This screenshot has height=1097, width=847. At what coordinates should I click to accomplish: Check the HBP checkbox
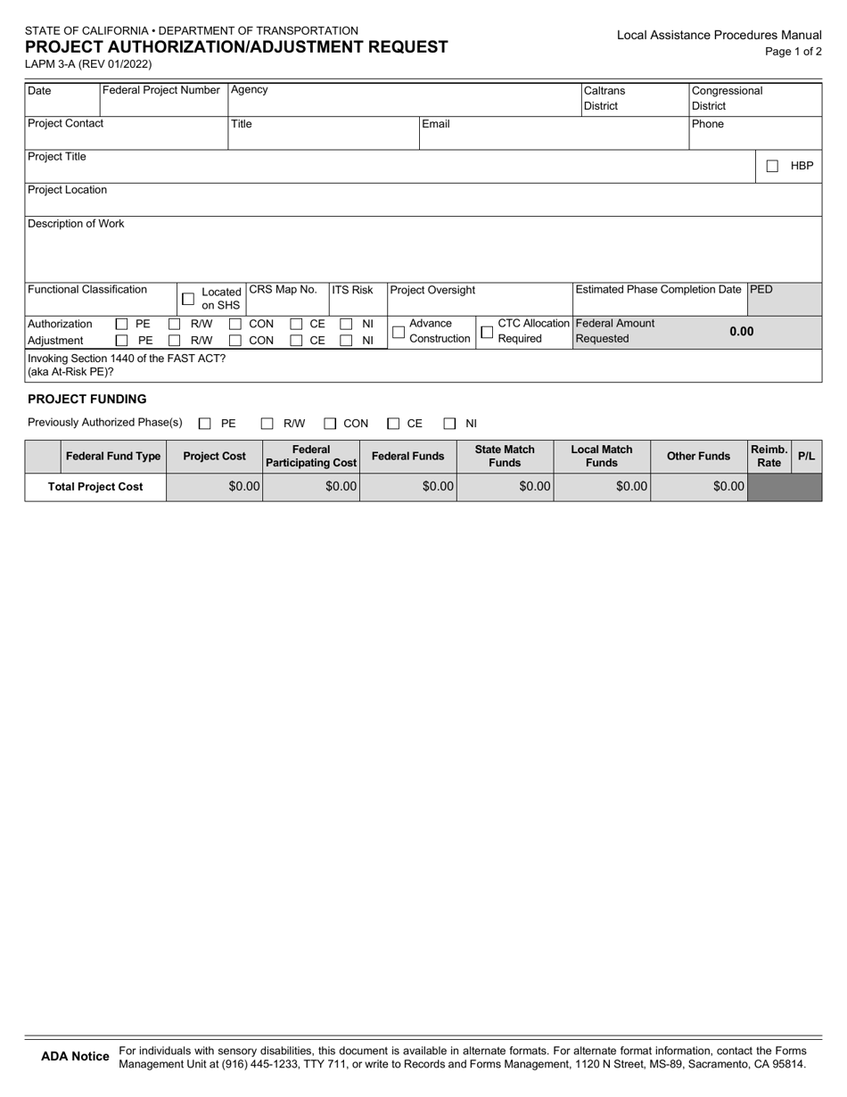click(x=772, y=166)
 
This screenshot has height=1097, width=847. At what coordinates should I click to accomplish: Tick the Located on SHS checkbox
click(x=188, y=299)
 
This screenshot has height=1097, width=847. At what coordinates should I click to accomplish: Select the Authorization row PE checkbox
click(x=122, y=325)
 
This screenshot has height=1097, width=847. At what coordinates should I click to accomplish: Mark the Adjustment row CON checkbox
click(x=235, y=341)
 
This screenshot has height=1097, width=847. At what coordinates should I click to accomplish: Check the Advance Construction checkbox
click(x=399, y=332)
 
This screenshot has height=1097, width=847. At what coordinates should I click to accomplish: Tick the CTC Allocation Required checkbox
click(x=487, y=332)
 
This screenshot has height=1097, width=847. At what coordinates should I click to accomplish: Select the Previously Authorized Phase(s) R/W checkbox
click(x=267, y=425)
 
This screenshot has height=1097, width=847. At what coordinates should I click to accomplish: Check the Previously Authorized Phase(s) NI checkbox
click(x=450, y=425)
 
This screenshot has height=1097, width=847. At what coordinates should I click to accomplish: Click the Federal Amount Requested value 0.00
click(x=741, y=332)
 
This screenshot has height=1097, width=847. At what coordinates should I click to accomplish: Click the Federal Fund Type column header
click(x=113, y=457)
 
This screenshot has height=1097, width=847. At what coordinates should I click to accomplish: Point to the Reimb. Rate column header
click(x=769, y=457)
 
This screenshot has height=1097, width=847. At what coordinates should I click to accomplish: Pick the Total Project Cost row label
click(x=95, y=487)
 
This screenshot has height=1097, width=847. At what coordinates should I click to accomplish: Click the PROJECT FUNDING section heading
click(x=87, y=399)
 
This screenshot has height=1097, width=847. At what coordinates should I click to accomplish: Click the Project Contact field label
click(x=66, y=124)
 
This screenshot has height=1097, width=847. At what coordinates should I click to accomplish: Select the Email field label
click(x=436, y=124)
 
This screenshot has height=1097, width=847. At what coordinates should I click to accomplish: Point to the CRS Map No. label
click(x=283, y=290)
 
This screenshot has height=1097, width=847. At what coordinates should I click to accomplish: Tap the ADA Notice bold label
click(x=76, y=1057)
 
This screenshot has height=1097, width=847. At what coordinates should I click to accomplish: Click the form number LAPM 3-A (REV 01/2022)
click(x=89, y=64)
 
